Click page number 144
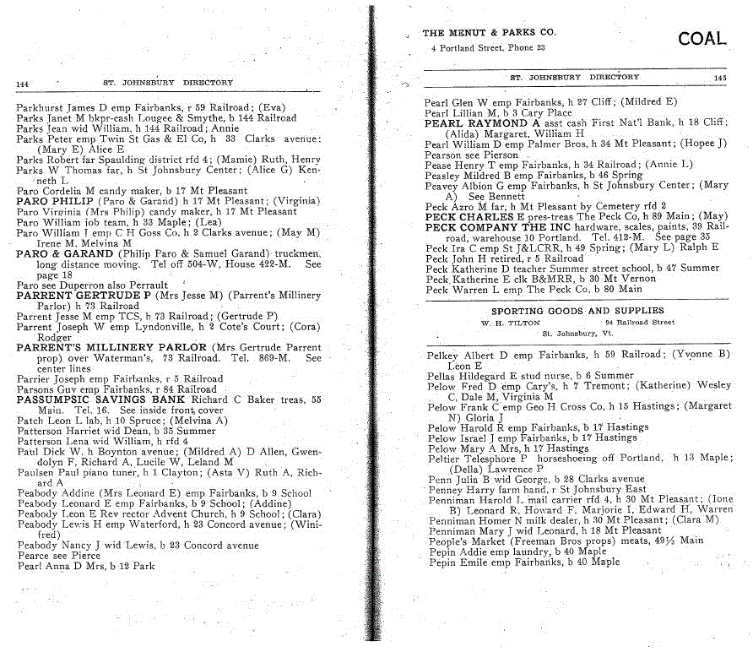23,84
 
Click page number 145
718,78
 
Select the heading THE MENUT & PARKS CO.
489,34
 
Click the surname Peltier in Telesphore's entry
444,458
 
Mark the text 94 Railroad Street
640,322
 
